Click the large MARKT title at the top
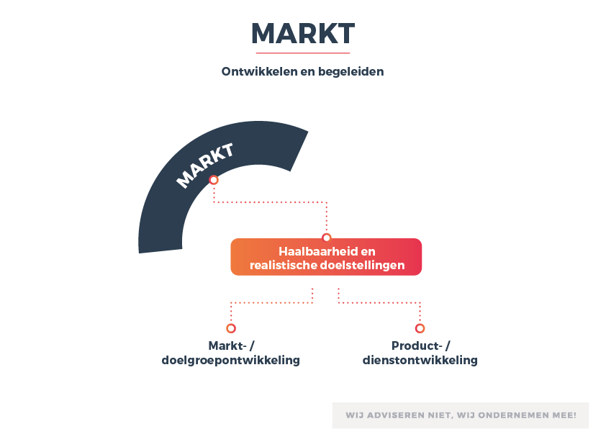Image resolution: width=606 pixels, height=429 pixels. coord(303,34)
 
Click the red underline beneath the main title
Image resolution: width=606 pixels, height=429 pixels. coord(303,53)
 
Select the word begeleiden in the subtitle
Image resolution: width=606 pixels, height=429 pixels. coord(351,72)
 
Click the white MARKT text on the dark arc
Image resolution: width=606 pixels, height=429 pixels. coord(204,166)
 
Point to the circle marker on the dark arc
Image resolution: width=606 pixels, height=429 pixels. coord(214,180)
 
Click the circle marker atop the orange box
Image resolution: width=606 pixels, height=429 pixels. coord(327,238)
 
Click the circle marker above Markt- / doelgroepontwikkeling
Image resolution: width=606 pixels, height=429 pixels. coord(231,328)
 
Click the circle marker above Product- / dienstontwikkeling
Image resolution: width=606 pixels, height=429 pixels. coord(420,328)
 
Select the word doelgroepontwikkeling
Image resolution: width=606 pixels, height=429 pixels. coord(231,361)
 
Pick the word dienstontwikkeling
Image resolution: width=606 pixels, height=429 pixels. coord(420,360)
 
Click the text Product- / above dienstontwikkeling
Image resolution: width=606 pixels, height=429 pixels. coord(421,346)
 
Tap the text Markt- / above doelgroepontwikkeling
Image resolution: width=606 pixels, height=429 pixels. coord(232,346)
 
